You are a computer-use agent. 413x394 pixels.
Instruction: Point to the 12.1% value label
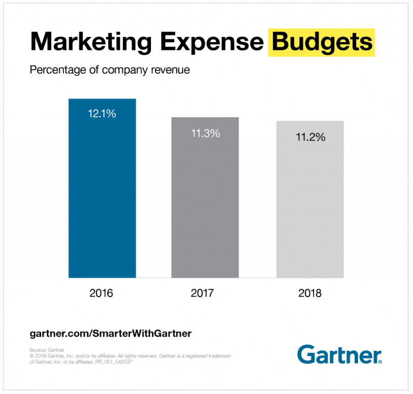point(102,114)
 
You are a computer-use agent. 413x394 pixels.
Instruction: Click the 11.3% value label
point(205,133)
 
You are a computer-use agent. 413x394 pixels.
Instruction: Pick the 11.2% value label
point(310,137)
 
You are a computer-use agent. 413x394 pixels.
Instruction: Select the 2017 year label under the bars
point(205,293)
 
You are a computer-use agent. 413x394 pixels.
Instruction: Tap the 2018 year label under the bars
point(310,293)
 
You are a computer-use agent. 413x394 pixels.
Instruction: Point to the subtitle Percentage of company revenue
point(110,70)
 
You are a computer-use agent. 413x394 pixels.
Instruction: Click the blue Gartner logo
point(338,354)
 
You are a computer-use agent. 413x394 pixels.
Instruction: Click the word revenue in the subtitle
point(172,70)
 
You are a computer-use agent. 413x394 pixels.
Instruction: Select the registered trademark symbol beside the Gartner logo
point(380,362)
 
